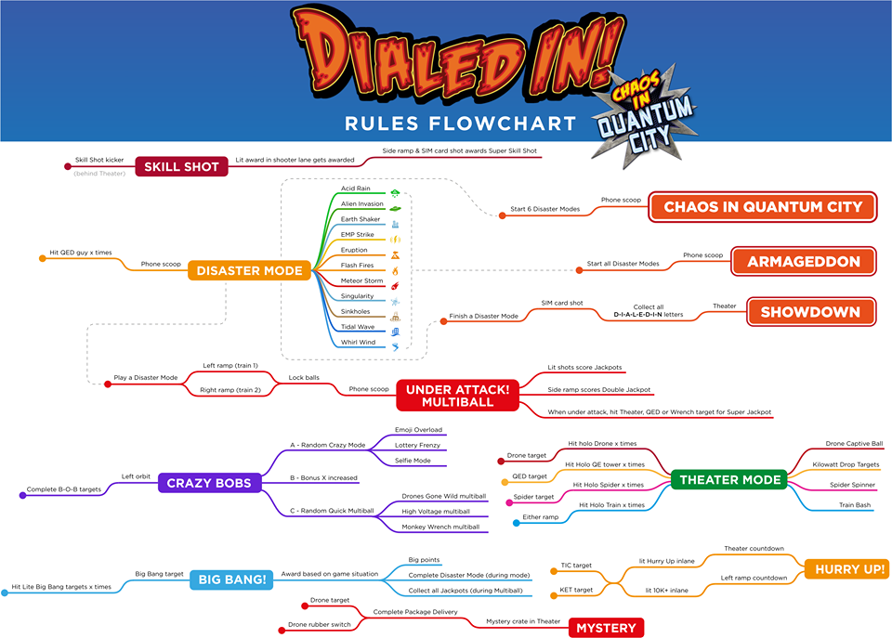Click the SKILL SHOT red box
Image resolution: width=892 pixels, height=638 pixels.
(181, 167)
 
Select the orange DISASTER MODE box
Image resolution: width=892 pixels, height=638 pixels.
(250, 271)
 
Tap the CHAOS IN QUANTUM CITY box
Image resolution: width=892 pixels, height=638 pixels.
(762, 207)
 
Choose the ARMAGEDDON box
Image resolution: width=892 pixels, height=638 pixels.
(804, 262)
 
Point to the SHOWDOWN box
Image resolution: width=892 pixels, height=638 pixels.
(810, 312)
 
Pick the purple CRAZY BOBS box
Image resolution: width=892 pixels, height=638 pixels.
(209, 483)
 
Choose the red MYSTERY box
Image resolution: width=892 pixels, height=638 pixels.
(606, 628)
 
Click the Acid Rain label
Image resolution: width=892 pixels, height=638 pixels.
(356, 189)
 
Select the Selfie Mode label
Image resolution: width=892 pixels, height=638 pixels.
(414, 461)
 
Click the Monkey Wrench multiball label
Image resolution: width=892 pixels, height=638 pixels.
(440, 527)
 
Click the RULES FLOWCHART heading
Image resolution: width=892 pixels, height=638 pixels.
(460, 123)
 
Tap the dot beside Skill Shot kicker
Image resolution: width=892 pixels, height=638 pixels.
(67, 167)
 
